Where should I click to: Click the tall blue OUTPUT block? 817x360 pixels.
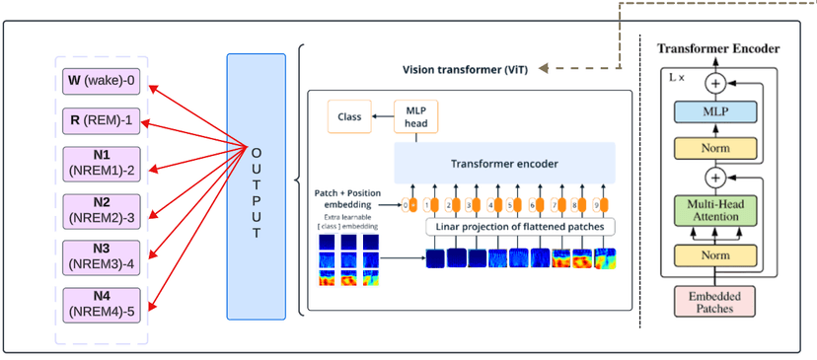click(256, 186)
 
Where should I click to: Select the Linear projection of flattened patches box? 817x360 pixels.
click(520, 227)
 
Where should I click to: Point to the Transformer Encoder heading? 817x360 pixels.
click(718, 48)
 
